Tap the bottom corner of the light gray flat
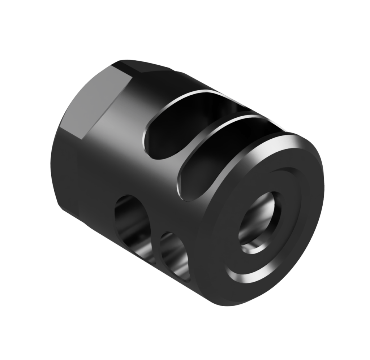tap(81, 139)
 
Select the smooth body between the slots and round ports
tap(145, 181)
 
